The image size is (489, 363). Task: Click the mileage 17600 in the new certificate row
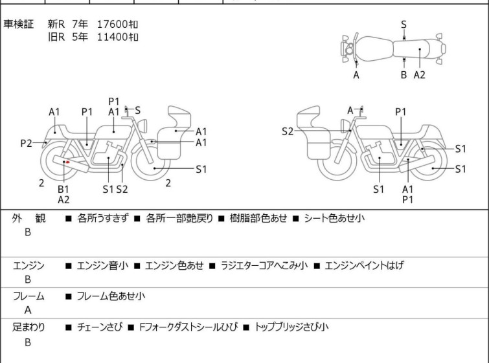pos(113,24)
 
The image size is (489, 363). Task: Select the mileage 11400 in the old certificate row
pos(113,36)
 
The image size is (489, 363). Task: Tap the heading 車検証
pos(19,24)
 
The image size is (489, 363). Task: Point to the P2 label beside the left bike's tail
pos(26,143)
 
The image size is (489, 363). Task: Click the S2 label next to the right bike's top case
pos(288,131)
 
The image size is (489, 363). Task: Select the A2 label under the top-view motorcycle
pos(420,75)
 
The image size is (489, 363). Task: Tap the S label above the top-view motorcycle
pos(404,25)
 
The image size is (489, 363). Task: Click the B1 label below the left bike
pos(63,189)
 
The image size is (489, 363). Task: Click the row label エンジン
pos(28,265)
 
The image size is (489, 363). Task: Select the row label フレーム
pos(28,296)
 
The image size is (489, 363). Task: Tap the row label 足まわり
pos(28,327)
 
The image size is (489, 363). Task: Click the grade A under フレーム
pos(28,310)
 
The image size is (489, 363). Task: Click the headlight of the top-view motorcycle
pos(349,49)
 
